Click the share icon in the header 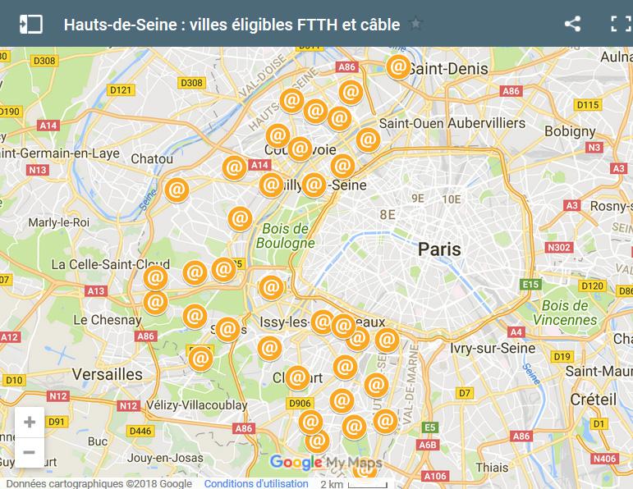click(572, 24)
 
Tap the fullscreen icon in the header click(620, 24)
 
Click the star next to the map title click(415, 24)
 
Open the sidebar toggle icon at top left click(30, 24)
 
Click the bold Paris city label click(439, 249)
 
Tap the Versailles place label click(107, 373)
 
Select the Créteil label click(593, 399)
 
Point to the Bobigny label click(569, 131)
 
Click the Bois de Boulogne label click(282, 235)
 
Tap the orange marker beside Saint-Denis click(398, 66)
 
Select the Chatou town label click(152, 158)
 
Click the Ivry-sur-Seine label click(493, 348)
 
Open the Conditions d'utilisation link click(256, 484)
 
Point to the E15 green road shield click(530, 285)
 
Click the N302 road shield click(558, 247)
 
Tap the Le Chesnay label click(107, 320)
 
